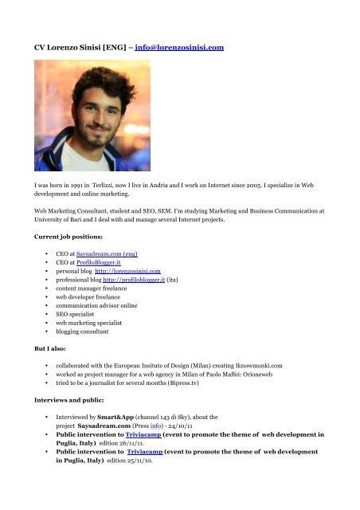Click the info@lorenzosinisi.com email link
point(179,48)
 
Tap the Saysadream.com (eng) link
point(112,253)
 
